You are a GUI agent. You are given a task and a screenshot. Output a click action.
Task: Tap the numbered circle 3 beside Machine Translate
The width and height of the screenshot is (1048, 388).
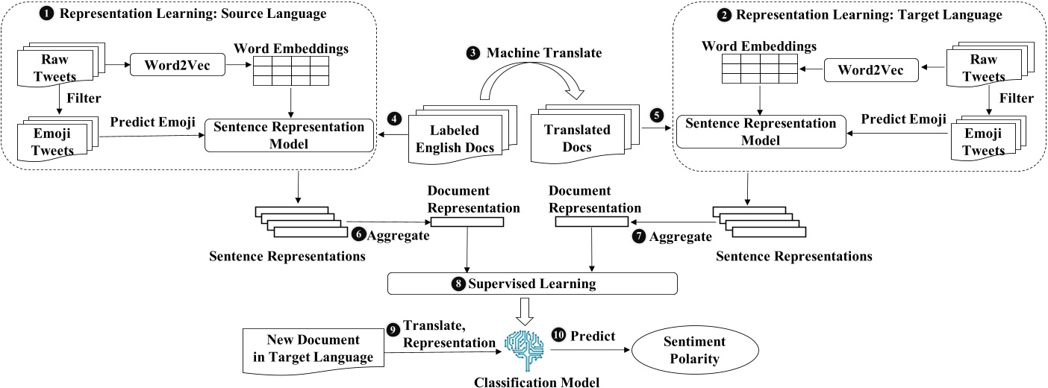[472, 53]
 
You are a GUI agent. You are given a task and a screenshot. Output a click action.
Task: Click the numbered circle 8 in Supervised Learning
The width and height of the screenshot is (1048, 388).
[458, 284]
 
